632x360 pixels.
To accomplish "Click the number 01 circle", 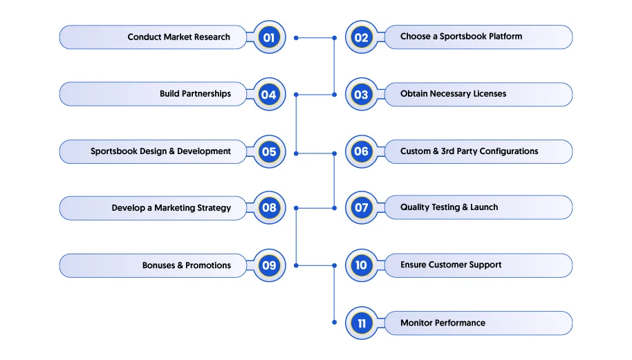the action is [x=269, y=37].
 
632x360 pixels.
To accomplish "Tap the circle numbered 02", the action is [x=362, y=37].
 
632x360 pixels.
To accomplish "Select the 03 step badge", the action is [x=362, y=95].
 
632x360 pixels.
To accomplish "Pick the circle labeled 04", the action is [x=269, y=95].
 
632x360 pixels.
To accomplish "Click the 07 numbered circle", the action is [x=362, y=208].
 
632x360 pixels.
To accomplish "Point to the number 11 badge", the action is [x=362, y=323].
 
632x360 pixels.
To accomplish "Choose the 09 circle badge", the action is [x=269, y=265].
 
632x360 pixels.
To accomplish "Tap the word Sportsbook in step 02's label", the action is [x=463, y=37].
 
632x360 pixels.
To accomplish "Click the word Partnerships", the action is [x=206, y=94].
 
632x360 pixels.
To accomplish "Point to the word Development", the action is [x=204, y=151].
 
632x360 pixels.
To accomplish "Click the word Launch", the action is [x=484, y=207].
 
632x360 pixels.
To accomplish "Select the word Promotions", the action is [x=208, y=265].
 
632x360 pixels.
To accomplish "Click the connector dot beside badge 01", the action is [x=296, y=38].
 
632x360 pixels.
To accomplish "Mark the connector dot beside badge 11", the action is [x=335, y=322].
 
